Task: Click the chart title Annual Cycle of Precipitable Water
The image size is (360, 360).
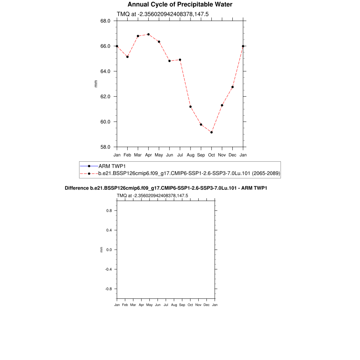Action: [x=180, y=5]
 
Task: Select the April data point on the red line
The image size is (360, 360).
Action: [x=148, y=34]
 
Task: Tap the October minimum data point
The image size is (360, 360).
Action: [x=211, y=132]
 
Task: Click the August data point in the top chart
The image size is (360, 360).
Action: [x=190, y=107]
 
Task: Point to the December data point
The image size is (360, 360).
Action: [x=232, y=87]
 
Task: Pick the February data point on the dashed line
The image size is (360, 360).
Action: [x=127, y=57]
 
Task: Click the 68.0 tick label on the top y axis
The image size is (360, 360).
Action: [x=105, y=21]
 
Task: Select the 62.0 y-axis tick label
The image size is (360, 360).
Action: [x=105, y=96]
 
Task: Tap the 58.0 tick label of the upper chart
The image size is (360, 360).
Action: [x=105, y=147]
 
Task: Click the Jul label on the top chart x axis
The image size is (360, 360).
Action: [x=180, y=155]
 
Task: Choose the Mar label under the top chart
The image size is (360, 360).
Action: [x=138, y=155]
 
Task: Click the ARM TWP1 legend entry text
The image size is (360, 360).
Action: [x=111, y=166]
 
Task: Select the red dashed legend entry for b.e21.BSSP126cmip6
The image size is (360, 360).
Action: [x=189, y=174]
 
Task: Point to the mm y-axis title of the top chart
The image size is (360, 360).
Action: [x=96, y=84]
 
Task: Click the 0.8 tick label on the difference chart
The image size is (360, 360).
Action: [x=109, y=211]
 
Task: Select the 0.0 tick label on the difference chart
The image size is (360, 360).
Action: [x=109, y=250]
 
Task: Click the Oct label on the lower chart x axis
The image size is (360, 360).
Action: [x=190, y=305]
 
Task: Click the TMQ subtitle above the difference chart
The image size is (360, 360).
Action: [x=152, y=195]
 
